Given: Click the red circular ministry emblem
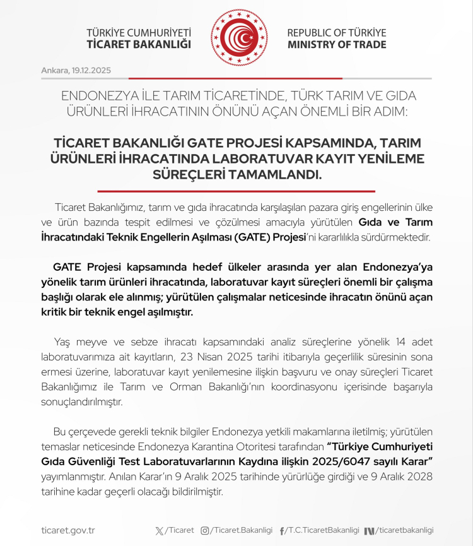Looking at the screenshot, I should pos(239,37).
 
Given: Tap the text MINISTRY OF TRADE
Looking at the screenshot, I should pos(337,45).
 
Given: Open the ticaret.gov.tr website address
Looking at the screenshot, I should pos(67,530).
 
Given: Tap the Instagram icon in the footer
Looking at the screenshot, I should pos(204,530).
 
